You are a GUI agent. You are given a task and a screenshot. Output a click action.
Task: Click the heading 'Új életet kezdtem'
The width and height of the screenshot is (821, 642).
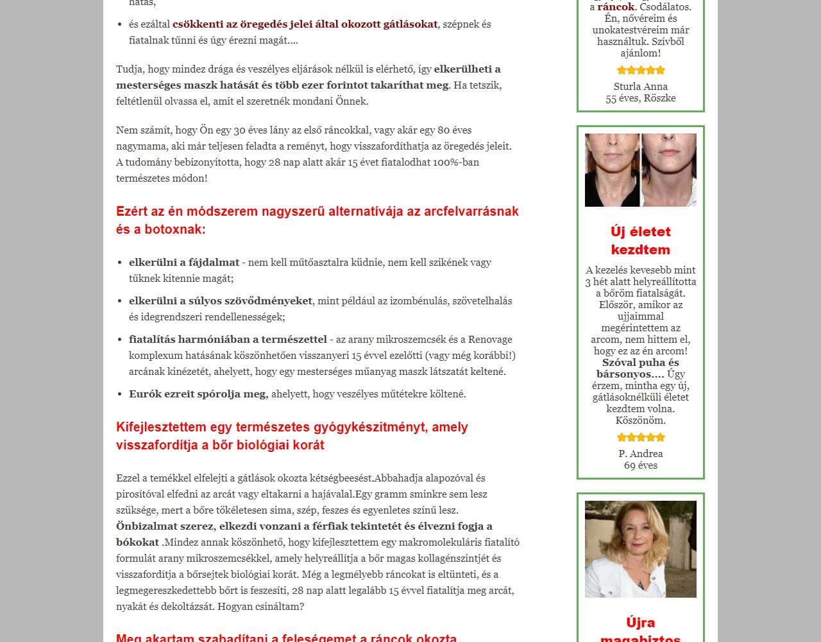[640, 241]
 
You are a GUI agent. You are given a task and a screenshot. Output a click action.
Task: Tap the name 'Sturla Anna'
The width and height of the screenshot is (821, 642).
[640, 87]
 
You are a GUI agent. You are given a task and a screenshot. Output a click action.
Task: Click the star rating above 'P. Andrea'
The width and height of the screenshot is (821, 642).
[640, 438]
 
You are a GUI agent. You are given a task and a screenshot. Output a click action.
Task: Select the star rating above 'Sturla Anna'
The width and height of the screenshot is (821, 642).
[640, 71]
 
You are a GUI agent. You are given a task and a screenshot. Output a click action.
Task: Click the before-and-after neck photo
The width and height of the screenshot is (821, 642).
[640, 170]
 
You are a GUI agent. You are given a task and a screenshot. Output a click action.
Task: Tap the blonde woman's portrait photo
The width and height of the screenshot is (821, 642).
[640, 549]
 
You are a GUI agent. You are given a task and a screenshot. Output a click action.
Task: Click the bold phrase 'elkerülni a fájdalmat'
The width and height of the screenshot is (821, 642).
[184, 263]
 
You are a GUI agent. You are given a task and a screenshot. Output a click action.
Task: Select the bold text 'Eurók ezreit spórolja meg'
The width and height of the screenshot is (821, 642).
[198, 394]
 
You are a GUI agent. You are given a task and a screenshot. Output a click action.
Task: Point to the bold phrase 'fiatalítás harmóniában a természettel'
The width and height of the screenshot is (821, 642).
[228, 340]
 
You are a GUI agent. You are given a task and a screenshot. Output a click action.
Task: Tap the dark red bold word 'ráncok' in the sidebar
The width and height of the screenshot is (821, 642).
[616, 7]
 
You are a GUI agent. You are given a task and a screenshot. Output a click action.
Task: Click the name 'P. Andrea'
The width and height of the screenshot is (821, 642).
[640, 454]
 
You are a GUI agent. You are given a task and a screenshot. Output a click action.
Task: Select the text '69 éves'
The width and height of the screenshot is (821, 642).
[640, 465]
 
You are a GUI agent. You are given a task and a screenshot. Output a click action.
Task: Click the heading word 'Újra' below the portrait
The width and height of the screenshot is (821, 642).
[640, 623]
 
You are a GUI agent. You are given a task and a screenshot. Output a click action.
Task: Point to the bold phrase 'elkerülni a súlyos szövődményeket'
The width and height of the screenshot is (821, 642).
[221, 301]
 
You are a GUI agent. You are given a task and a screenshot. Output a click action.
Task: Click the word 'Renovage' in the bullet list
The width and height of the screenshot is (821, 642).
[490, 340]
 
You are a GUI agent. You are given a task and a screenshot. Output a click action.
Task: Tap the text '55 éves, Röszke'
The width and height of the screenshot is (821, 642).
[640, 98]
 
